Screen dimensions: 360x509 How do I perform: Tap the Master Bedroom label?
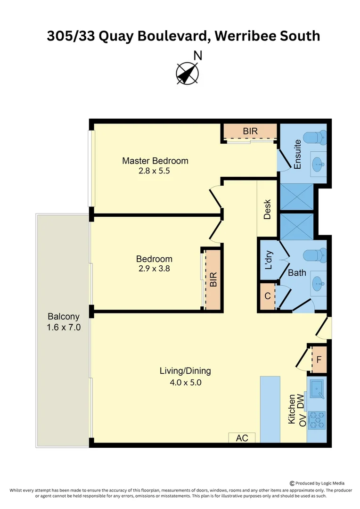click(x=155, y=161)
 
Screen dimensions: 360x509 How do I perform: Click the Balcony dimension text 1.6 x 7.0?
click(x=64, y=327)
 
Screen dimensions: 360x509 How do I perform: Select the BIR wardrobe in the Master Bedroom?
click(x=250, y=131)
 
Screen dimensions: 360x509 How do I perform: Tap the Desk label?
click(x=267, y=209)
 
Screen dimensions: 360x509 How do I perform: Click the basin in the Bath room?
click(x=318, y=284)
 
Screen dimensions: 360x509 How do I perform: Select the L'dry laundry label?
click(x=269, y=260)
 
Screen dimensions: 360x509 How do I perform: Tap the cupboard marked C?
click(x=268, y=296)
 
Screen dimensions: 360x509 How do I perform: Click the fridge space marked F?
click(x=319, y=360)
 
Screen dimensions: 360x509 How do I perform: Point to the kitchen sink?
click(x=317, y=389)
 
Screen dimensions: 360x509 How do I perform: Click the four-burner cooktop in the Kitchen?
click(x=317, y=420)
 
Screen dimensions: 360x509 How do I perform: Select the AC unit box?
click(x=242, y=437)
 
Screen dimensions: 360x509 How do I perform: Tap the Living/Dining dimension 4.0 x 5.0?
click(x=186, y=382)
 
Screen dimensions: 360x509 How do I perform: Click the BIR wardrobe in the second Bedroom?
click(x=213, y=279)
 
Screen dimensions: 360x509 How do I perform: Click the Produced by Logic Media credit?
click(x=317, y=484)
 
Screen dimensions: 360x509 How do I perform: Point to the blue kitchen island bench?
click(x=270, y=410)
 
